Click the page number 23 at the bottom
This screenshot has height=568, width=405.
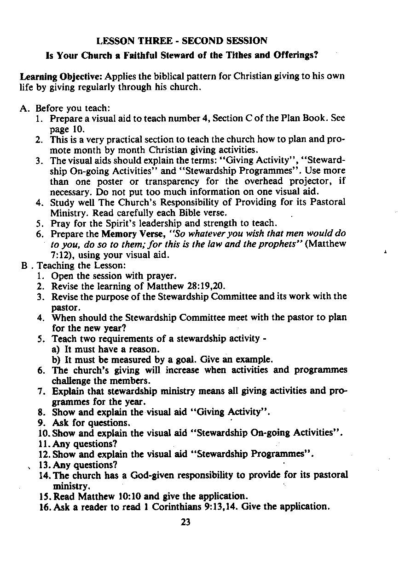point(185,522)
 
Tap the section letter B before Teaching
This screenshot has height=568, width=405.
point(23,266)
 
